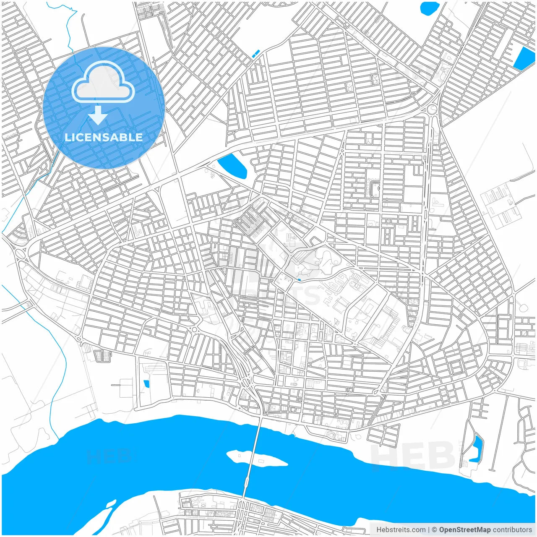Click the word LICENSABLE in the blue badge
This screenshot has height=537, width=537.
[104, 137]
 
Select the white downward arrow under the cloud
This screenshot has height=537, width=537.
[98, 115]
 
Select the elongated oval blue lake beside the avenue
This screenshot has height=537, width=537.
[232, 165]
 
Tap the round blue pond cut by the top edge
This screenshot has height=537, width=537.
[429, 8]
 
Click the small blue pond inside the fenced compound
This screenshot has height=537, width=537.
[146, 384]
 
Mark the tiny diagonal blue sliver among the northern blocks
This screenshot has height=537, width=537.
[255, 53]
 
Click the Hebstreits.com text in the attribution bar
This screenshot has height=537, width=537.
[401, 530]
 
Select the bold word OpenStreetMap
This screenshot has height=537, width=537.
[464, 530]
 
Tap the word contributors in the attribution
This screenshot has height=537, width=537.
[512, 530]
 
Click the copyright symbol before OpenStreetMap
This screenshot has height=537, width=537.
[434, 530]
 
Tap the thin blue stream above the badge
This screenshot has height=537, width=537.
[67, 25]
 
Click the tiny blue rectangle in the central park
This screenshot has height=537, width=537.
[299, 279]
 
